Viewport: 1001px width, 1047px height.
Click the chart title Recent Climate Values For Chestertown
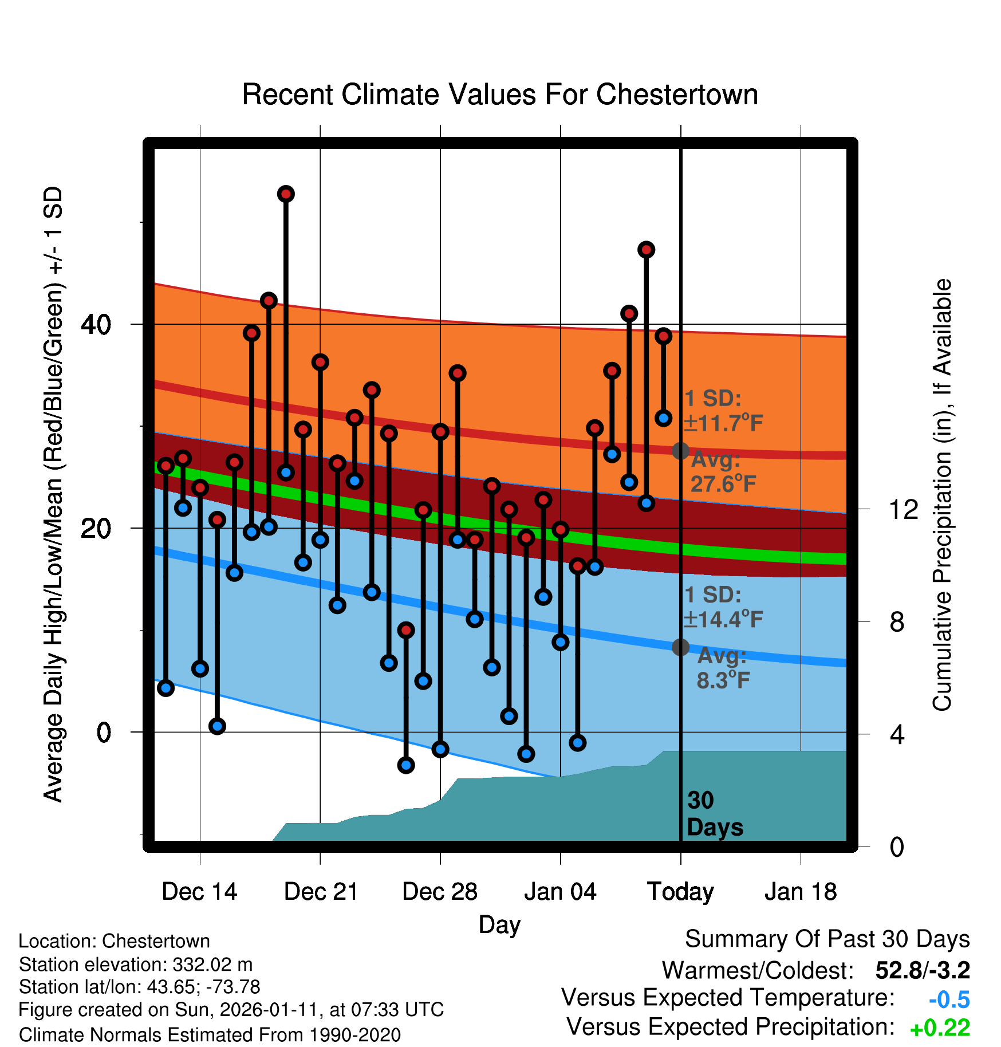tap(500, 95)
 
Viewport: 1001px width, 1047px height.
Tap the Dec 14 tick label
tap(199, 892)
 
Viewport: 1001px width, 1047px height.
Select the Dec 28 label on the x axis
tap(440, 892)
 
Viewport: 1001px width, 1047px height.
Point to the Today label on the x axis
tap(680, 892)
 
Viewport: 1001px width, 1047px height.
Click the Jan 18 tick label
tap(801, 892)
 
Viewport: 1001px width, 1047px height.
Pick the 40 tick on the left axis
tap(96, 325)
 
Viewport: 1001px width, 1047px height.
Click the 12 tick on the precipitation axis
tap(903, 509)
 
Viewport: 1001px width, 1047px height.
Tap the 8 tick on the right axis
tap(897, 622)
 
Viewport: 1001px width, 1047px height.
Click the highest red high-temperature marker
tap(286, 194)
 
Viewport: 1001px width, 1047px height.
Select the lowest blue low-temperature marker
tap(406, 765)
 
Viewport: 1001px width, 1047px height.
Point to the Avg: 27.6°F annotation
tap(723, 472)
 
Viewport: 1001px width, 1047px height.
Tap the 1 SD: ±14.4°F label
tap(723, 607)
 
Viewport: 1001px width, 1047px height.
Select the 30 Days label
tap(714, 814)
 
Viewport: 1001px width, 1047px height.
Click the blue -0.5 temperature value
tap(949, 999)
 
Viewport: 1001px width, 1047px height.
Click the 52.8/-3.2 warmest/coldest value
tap(922, 970)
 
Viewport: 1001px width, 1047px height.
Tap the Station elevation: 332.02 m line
tap(136, 965)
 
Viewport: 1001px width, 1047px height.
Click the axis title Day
tap(499, 924)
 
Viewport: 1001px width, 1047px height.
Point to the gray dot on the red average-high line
tap(680, 451)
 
